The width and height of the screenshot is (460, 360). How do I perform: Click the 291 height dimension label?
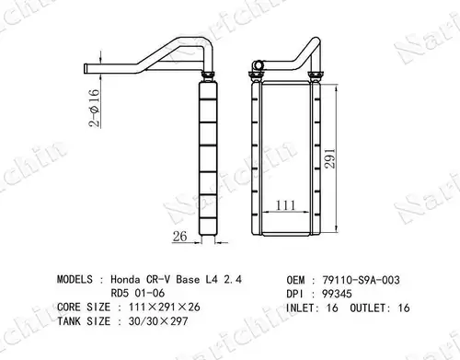pyautogui.click(x=330, y=158)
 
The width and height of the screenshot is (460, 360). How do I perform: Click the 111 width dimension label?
pyautogui.click(x=286, y=205)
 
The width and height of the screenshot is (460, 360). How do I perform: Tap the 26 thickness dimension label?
pyautogui.click(x=179, y=236)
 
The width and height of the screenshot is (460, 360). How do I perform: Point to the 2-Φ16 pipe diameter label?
pyautogui.click(x=95, y=108)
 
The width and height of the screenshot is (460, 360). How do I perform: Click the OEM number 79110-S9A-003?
pyautogui.click(x=361, y=280)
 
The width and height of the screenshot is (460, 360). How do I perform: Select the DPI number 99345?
pyautogui.click(x=337, y=294)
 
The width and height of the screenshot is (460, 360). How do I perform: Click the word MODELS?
pyautogui.click(x=75, y=279)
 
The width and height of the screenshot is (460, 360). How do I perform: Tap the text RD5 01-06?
pyautogui.click(x=138, y=293)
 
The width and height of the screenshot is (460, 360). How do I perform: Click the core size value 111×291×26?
pyautogui.click(x=165, y=307)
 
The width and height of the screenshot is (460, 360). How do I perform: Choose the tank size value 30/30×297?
pyautogui.click(x=158, y=321)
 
